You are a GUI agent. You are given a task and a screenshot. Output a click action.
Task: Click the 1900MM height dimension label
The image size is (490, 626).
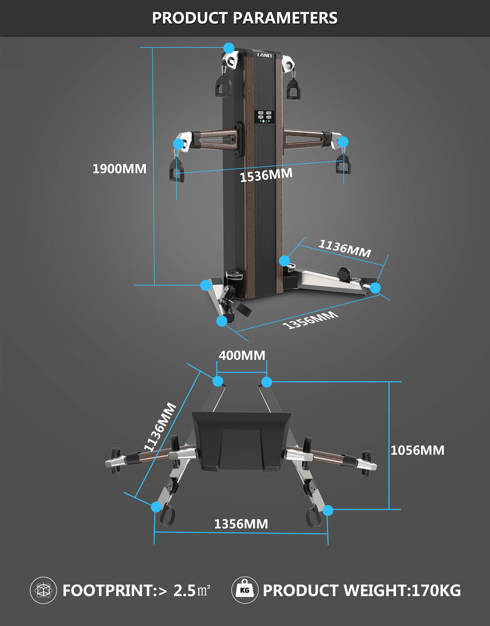click(x=119, y=169)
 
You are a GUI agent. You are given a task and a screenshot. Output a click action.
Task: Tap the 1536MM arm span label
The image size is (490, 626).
click(x=266, y=175)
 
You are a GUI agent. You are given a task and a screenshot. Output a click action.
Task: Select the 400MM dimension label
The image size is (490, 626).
click(x=242, y=355)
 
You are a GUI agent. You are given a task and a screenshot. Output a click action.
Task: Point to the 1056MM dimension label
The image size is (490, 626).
click(x=417, y=450)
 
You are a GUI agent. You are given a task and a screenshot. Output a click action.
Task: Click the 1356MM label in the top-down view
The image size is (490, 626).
click(x=241, y=524)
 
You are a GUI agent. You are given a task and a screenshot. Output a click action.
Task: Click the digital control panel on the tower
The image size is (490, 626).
click(x=265, y=117)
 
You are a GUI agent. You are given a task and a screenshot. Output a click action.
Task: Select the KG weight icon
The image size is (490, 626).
click(x=245, y=590)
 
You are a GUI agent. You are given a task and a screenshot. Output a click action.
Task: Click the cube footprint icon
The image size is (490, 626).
click(x=43, y=590)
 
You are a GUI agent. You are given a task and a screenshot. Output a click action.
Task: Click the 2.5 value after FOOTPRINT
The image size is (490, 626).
click(x=185, y=590)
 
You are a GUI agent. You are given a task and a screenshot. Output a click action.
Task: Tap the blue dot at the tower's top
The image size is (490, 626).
click(x=229, y=48)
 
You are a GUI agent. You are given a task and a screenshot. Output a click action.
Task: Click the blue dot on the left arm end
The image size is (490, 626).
click(x=178, y=144)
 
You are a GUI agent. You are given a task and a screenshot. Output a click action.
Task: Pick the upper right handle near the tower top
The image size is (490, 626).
click(x=293, y=89)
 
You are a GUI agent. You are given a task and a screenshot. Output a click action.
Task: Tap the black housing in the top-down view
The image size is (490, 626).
click(x=241, y=441)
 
